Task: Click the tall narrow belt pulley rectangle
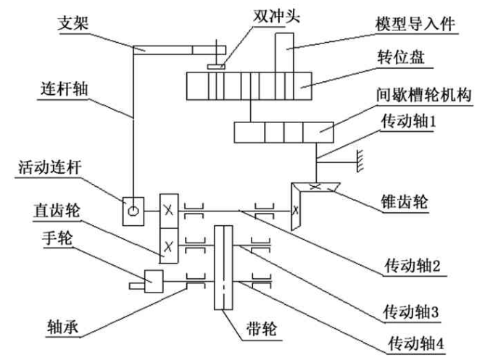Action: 223,267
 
